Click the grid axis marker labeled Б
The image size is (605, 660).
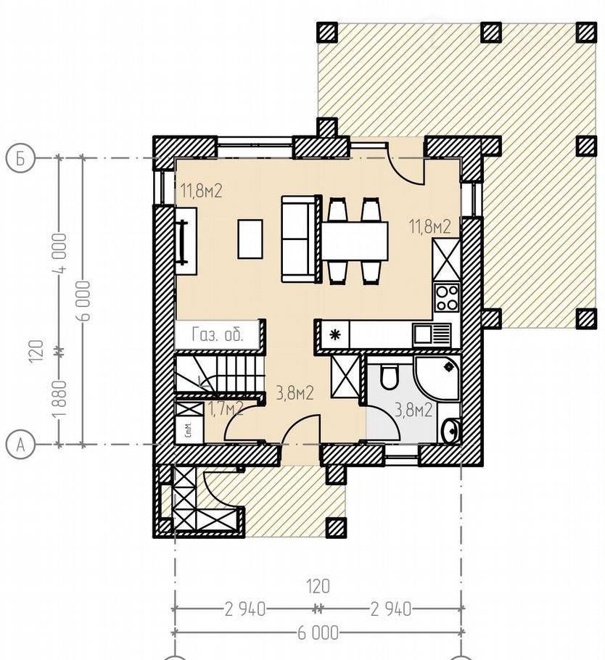tap(20, 158)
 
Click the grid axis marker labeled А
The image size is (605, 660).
tap(20, 444)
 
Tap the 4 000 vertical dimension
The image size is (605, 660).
tap(59, 253)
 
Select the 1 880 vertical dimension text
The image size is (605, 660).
tap(59, 397)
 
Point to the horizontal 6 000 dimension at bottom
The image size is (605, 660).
tap(318, 632)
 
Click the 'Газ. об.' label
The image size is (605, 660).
tap(218, 335)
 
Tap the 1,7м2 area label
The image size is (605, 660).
tap(226, 409)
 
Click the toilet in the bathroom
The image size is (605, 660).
tap(389, 376)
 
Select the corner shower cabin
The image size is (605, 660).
tap(437, 378)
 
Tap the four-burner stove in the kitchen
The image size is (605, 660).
tap(447, 297)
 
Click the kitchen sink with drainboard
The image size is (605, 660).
tap(432, 335)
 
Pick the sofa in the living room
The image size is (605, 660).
tap(299, 239)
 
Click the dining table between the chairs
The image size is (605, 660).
tap(355, 242)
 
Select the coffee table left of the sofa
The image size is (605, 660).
tap(250, 239)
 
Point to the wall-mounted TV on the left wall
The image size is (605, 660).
tap(183, 242)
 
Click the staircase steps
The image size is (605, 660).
tap(219, 375)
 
